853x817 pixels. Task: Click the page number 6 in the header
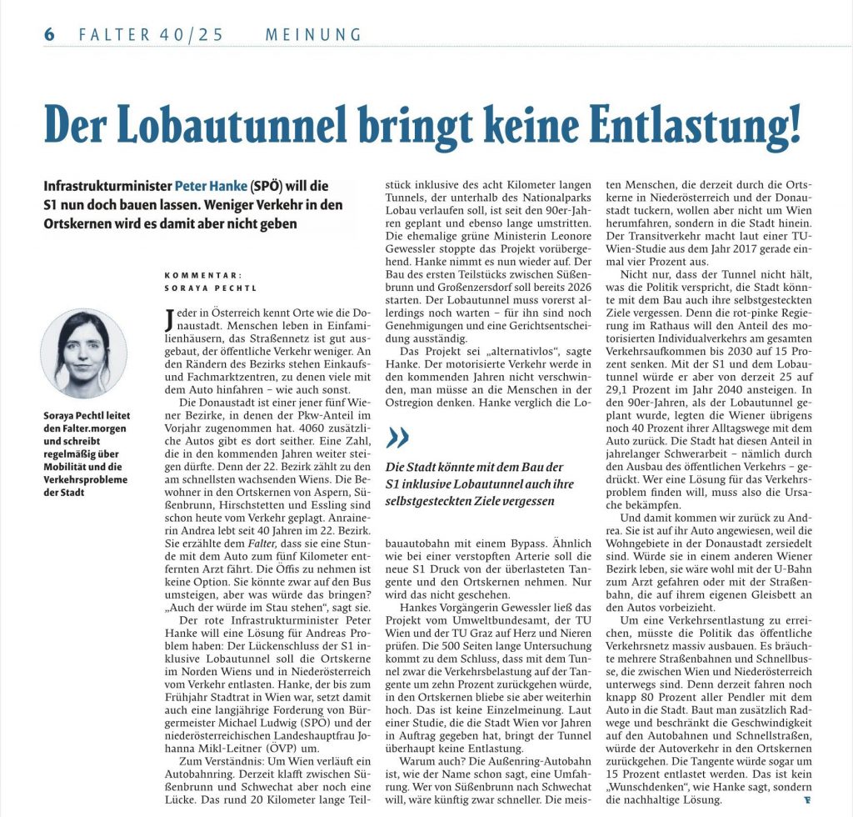(49, 34)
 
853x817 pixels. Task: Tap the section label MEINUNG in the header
(313, 35)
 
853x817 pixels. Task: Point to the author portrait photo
(84, 353)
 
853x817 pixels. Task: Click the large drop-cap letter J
(171, 318)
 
